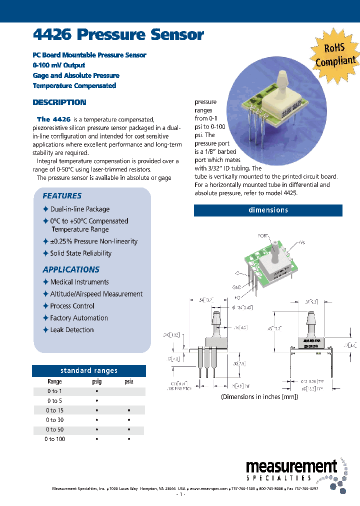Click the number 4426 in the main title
point(52,34)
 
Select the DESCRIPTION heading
point(59,102)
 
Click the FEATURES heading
point(62,196)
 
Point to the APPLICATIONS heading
point(71,269)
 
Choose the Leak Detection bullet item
point(71,330)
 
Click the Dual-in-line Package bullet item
point(79,209)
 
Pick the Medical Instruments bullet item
point(79,282)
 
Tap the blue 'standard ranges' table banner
point(89,370)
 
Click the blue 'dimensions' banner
point(268,210)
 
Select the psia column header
point(128,381)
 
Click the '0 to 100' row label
point(54,439)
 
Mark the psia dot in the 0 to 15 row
point(129,410)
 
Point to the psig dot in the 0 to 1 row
point(96,391)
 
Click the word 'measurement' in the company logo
point(291,467)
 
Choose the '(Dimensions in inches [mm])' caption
point(259,396)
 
